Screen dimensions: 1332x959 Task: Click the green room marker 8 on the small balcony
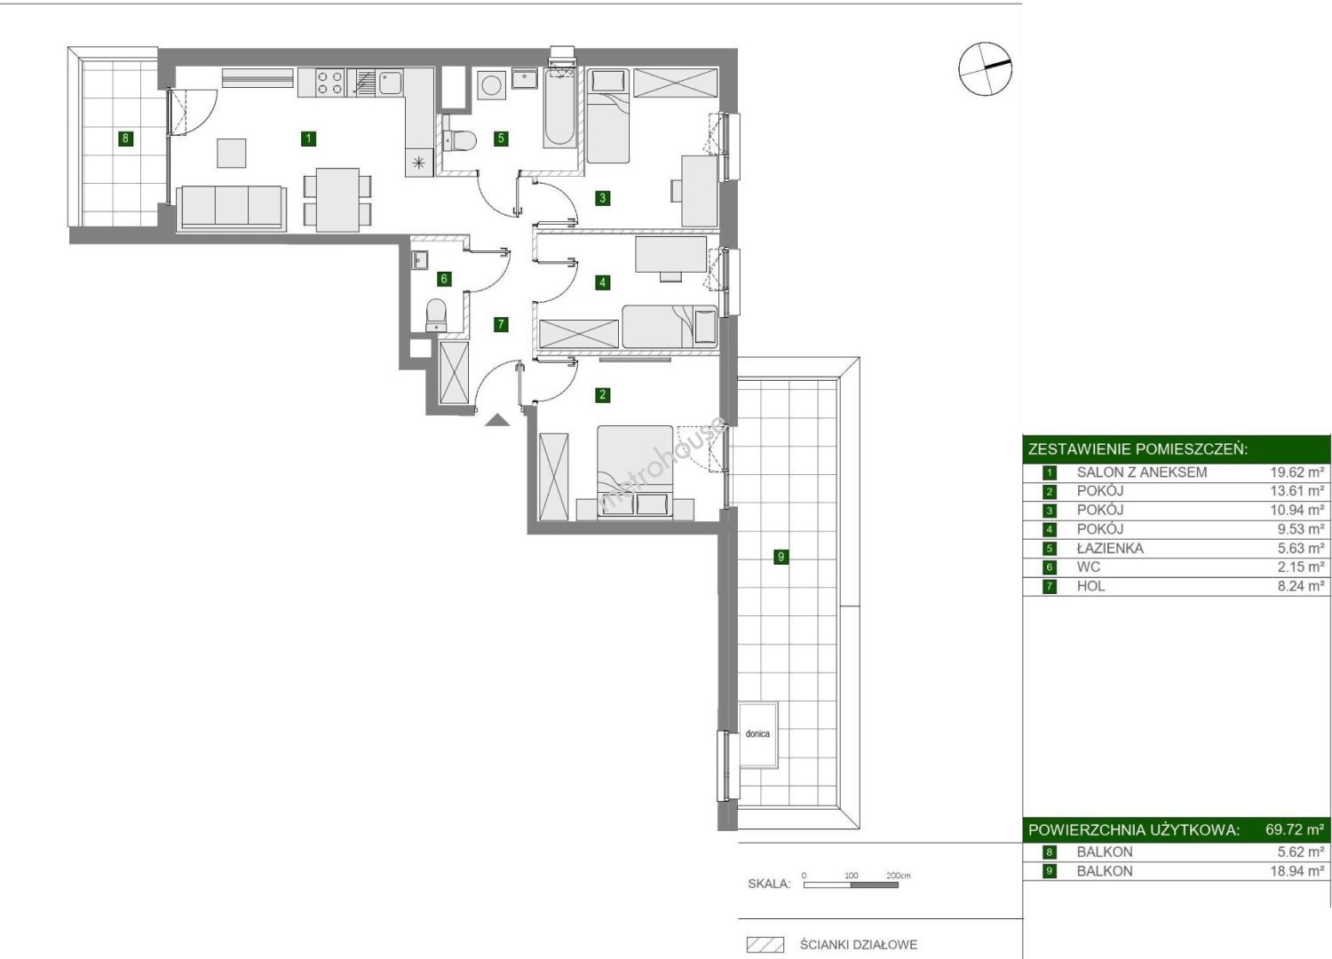coord(125,139)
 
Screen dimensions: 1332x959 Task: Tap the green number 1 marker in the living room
coord(308,139)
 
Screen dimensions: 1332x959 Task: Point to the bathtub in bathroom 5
coord(559,107)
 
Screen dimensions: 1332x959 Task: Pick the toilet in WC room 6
coord(437,314)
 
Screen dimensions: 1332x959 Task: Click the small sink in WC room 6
coord(420,260)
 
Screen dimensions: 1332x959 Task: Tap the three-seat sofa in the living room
coord(231,208)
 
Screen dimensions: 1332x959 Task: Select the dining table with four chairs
coord(337,200)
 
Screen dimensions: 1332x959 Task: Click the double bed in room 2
coord(635,472)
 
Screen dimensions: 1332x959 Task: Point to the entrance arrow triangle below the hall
coord(497,420)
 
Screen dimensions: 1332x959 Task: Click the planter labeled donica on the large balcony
coord(758,734)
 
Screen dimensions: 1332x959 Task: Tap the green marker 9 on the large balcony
coord(781,557)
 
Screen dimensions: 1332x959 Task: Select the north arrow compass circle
coord(985,69)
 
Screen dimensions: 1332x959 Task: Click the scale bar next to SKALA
coord(851,884)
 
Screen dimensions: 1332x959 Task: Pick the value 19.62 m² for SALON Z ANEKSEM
coord(1296,472)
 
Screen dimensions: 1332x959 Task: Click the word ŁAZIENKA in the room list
coord(1110,548)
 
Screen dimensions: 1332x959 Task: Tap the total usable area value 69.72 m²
coord(1295,829)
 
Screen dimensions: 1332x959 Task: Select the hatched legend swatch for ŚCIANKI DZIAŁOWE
coord(765,945)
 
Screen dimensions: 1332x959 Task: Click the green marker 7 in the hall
coord(501,324)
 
